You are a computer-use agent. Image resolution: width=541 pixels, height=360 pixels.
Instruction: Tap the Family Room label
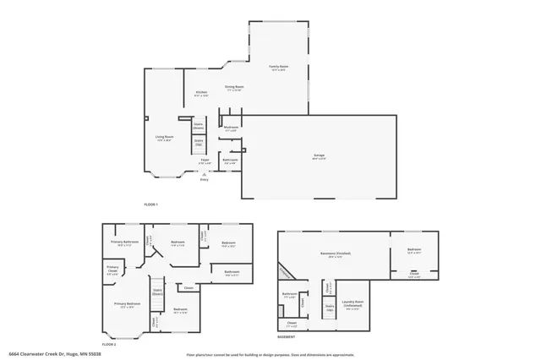coord(278,68)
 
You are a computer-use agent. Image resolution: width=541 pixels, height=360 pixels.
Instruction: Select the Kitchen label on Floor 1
coord(201,94)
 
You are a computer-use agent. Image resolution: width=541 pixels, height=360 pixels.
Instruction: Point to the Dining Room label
coord(234,88)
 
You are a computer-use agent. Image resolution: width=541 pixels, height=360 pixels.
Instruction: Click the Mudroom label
coord(231,129)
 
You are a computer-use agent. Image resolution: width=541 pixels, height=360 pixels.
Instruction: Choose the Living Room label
coord(164,138)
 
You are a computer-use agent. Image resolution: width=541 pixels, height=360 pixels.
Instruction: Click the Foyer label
coord(205,161)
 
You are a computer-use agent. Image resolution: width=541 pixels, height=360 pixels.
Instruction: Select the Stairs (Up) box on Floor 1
coord(199,144)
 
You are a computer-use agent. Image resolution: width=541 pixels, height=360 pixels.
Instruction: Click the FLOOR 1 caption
coord(150,205)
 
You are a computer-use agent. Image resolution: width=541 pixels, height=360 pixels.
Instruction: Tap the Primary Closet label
coord(112,271)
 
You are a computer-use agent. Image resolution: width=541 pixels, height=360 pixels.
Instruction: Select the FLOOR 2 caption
coord(108,344)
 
